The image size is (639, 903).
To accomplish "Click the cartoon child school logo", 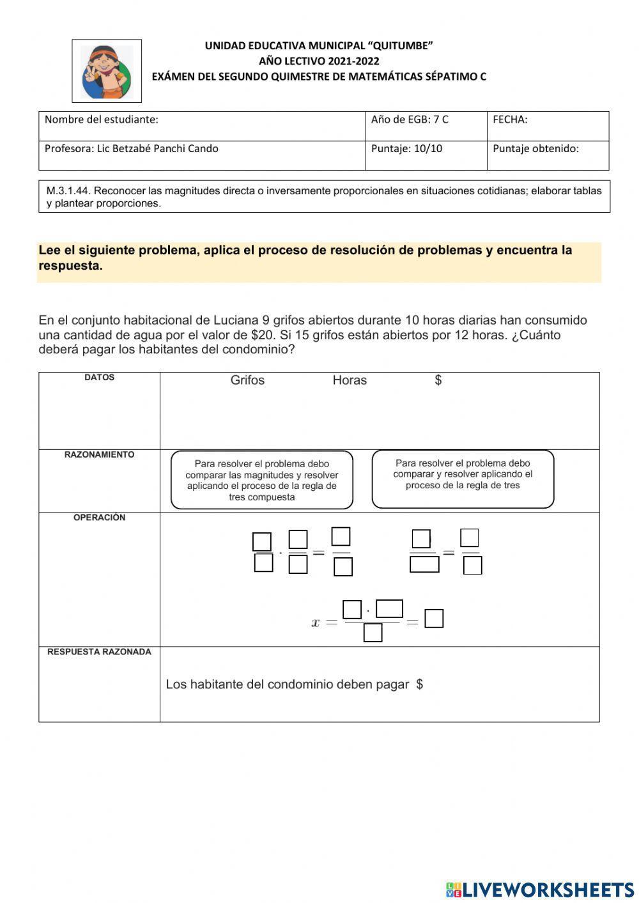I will (107, 71).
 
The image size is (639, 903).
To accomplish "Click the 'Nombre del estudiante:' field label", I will (101, 120).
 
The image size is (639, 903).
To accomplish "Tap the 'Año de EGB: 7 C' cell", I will (410, 120).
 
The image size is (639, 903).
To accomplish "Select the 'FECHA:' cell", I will (510, 120).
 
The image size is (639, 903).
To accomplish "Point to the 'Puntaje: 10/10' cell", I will (406, 149).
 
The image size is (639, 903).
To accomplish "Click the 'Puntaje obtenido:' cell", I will (535, 149).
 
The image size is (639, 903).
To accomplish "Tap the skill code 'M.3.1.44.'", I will (68, 190).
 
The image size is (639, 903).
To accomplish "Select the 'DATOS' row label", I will (99, 378).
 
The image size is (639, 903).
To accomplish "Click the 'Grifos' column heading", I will (247, 380).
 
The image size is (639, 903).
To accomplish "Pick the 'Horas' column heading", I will (350, 380).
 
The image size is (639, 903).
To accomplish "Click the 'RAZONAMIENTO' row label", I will (99, 455).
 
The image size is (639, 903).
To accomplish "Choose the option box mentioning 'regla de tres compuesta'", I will (262, 481).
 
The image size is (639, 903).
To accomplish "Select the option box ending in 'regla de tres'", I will (463, 479).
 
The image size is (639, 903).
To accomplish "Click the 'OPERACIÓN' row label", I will (99, 518).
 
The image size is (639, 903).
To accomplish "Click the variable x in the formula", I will (315, 622).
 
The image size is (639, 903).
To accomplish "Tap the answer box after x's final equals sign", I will (434, 619).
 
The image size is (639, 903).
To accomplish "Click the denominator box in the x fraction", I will (373, 633).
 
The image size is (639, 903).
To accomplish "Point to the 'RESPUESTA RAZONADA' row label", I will (99, 652).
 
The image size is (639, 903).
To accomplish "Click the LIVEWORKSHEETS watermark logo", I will (540, 890).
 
